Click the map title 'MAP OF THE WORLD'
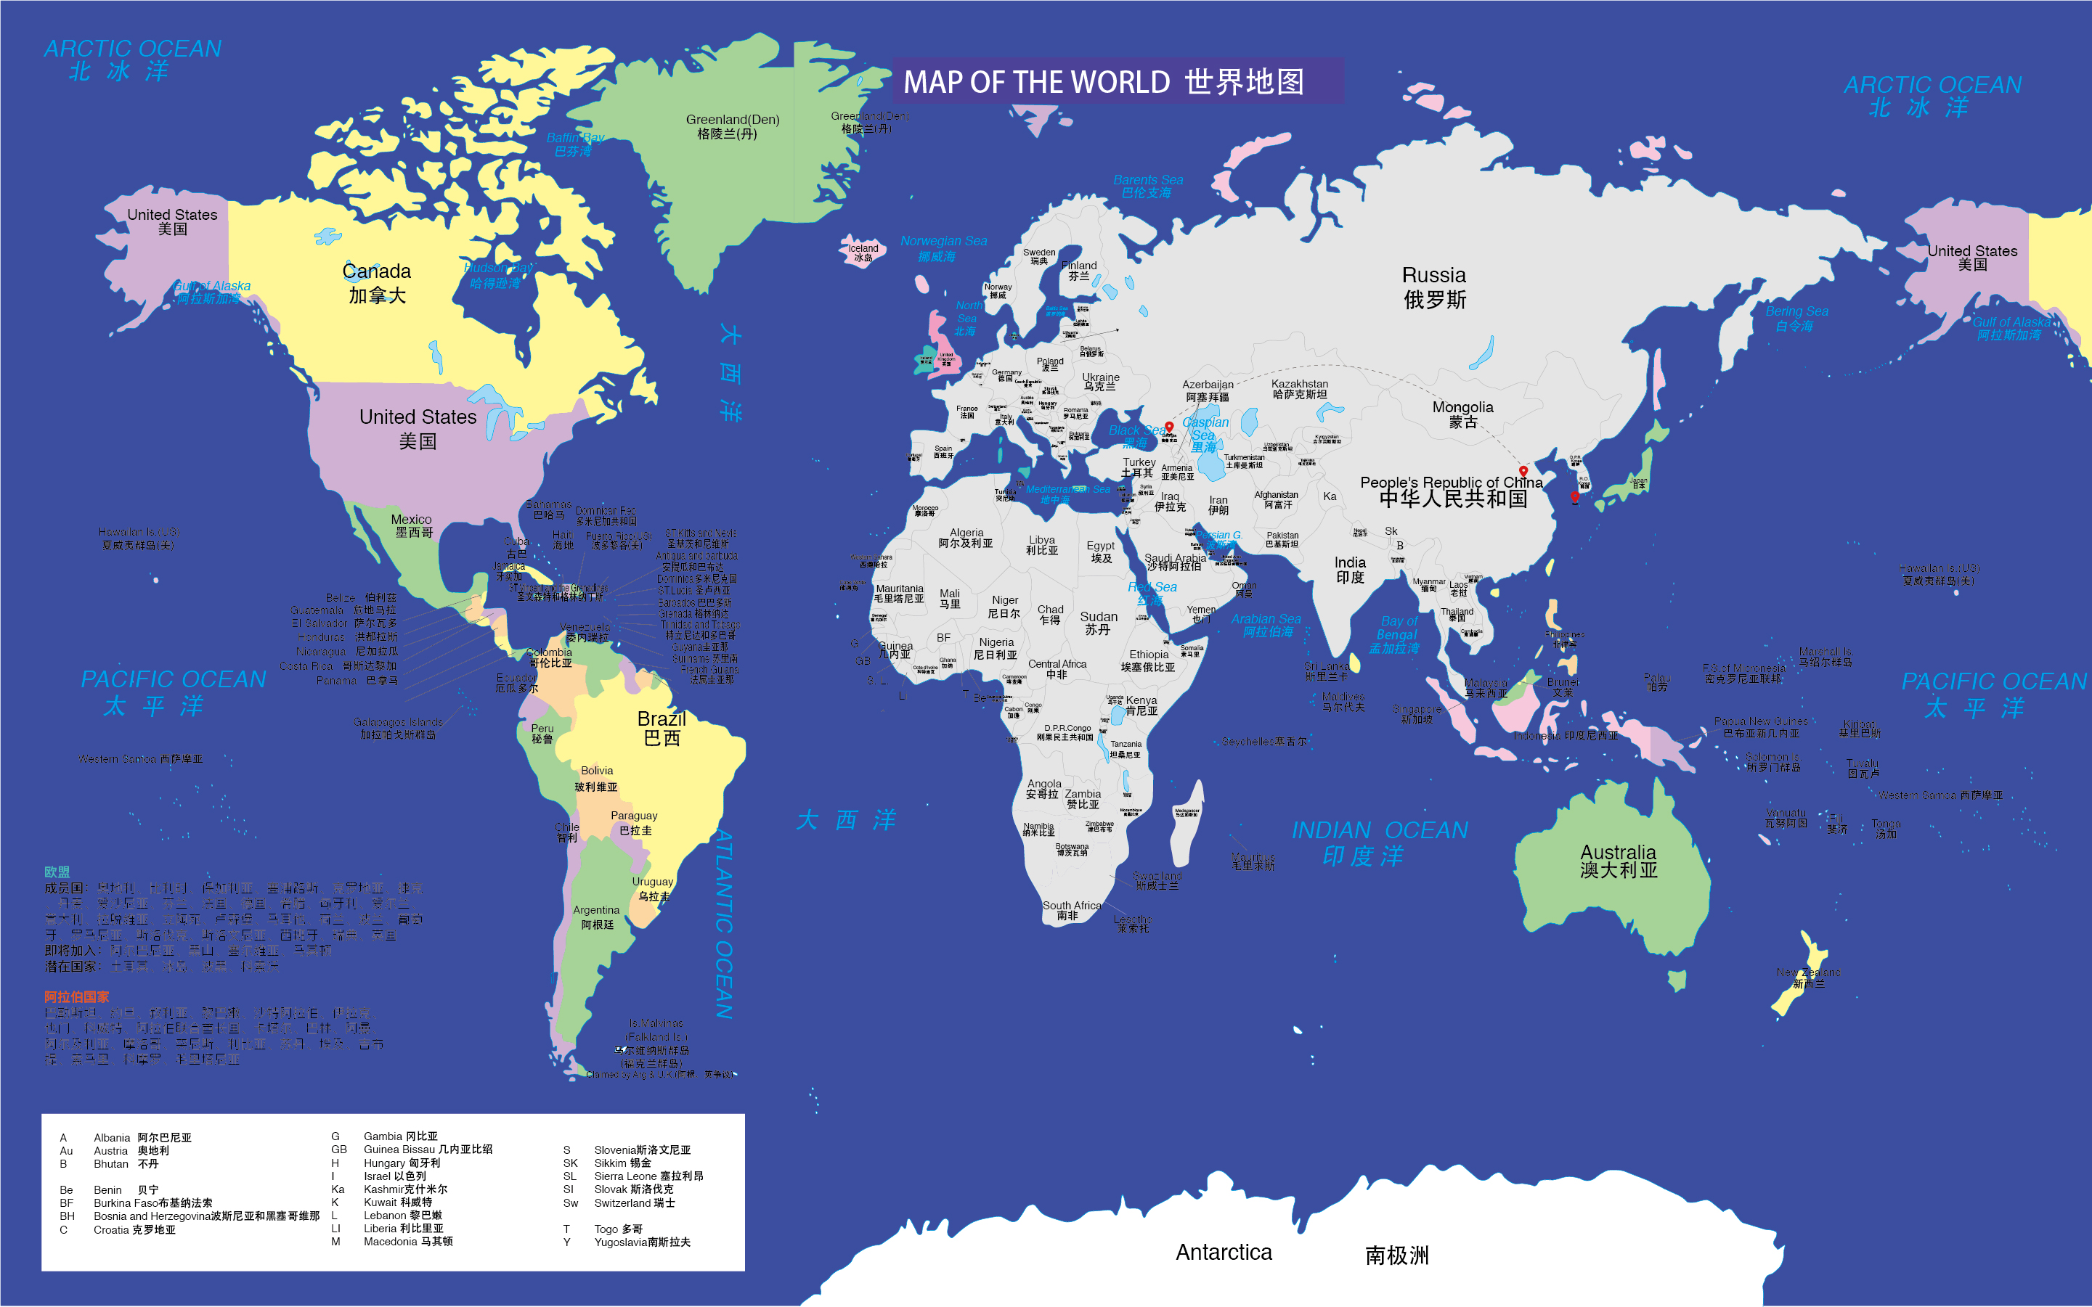point(1036,82)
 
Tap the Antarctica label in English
point(1224,1253)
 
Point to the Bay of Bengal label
point(1396,634)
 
